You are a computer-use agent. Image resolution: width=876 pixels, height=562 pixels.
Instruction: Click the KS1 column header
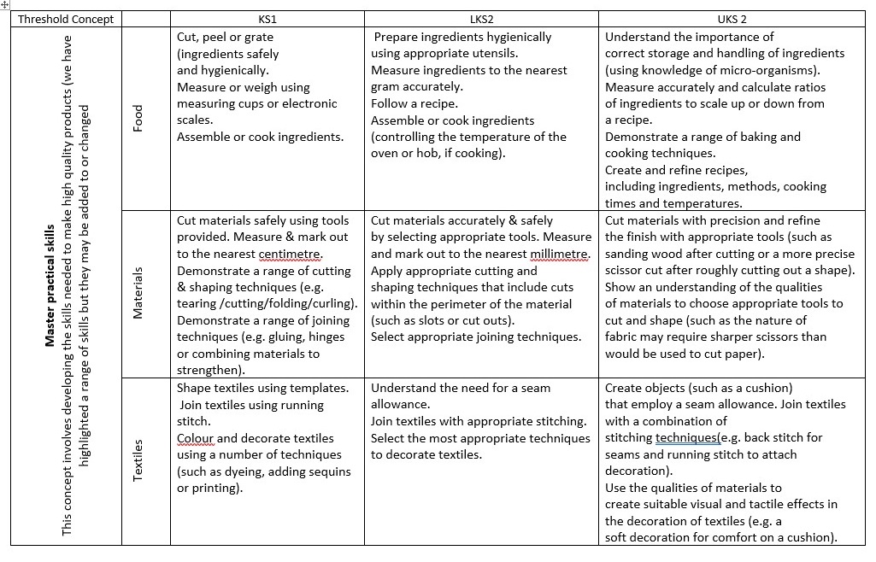268,19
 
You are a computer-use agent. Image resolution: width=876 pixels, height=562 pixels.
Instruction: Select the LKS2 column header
481,19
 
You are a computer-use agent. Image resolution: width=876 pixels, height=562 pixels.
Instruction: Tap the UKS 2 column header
732,19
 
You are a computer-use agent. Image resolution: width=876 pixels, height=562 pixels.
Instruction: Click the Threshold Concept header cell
66,19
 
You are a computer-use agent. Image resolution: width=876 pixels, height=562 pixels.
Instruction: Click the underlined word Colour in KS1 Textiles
196,438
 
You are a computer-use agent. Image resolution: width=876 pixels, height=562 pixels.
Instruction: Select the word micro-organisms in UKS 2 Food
773,70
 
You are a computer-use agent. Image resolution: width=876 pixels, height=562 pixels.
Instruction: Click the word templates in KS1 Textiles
320,388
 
